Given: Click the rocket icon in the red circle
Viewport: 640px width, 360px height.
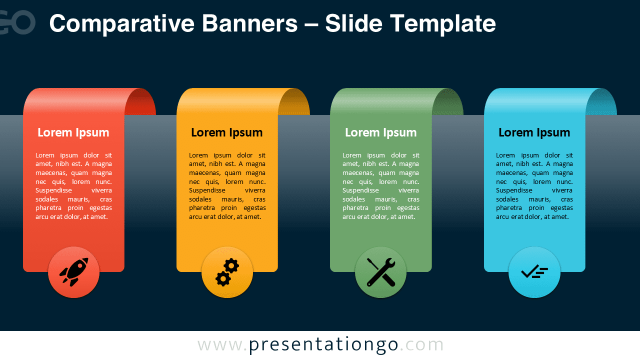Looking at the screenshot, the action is click(x=74, y=272).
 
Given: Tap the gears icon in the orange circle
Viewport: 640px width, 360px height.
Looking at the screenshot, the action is click(x=227, y=272).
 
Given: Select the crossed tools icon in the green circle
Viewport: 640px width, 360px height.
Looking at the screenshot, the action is click(x=381, y=272).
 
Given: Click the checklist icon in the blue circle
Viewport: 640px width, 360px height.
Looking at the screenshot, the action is click(x=534, y=272).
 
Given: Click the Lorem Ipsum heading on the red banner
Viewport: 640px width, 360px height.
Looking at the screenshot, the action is click(x=73, y=132).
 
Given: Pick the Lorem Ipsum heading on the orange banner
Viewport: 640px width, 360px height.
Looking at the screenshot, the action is click(x=227, y=132).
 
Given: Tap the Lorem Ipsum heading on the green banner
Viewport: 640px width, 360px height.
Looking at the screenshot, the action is click(x=381, y=132).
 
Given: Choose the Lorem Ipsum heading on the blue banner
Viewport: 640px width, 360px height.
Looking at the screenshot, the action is click(x=534, y=132).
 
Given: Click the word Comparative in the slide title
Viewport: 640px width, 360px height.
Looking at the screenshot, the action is click(x=122, y=24).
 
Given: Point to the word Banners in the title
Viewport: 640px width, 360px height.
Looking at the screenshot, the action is click(x=249, y=23).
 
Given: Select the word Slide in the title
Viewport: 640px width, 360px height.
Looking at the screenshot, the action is click(x=353, y=23).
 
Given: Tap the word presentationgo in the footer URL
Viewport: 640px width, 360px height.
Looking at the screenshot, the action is click(x=323, y=345).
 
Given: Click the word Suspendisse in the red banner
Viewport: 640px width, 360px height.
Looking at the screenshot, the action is click(x=53, y=190).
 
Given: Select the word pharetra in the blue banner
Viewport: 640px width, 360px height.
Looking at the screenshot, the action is click(x=509, y=208).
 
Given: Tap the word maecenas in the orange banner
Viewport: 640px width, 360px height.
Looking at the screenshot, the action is click(x=204, y=173).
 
